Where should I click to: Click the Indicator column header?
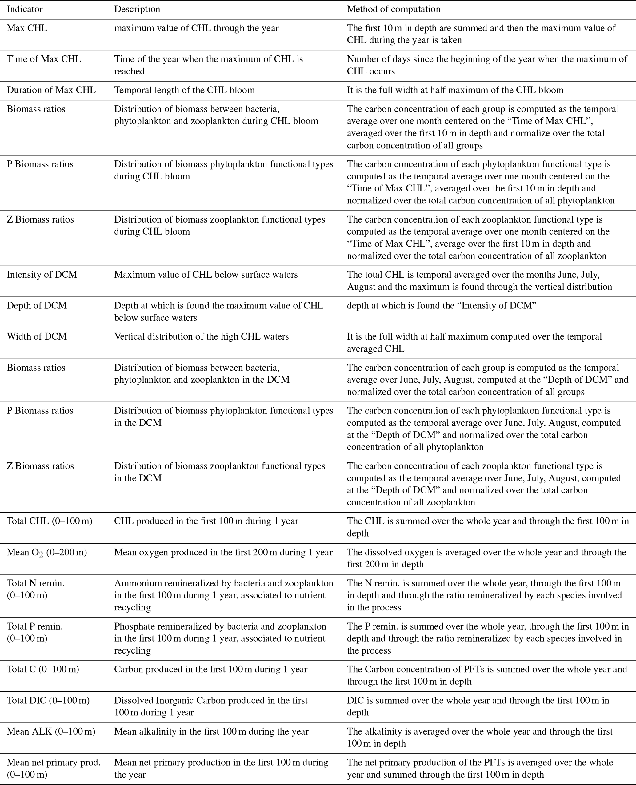pyautogui.click(x=25, y=9)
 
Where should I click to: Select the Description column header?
pyautogui.click(x=137, y=9)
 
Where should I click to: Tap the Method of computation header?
pyautogui.click(x=394, y=9)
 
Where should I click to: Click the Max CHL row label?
pyautogui.click(x=27, y=28)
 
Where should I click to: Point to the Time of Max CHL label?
pyautogui.click(x=44, y=59)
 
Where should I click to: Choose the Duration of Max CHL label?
pyautogui.click(x=51, y=90)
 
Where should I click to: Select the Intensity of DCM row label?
pyautogui.click(x=42, y=275)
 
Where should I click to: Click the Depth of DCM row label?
pyautogui.click(x=37, y=305)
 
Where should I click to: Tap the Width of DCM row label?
pyautogui.click(x=37, y=336)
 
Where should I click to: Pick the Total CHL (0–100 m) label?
pyautogui.click(x=50, y=521)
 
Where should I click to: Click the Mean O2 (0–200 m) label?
pyautogui.click(x=47, y=552)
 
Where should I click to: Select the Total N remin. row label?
pyautogui.click(x=35, y=583)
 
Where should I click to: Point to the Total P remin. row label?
pyautogui.click(x=35, y=626)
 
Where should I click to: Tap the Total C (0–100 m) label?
pyautogui.click(x=43, y=669)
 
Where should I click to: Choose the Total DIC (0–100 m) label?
pyautogui.click(x=48, y=700)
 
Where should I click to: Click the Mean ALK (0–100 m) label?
pyautogui.click(x=51, y=731)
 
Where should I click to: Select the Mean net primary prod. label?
pyautogui.click(x=54, y=762)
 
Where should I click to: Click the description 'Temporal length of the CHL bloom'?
pyautogui.click(x=184, y=90)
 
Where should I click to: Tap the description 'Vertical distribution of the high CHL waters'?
pyautogui.click(x=201, y=336)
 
